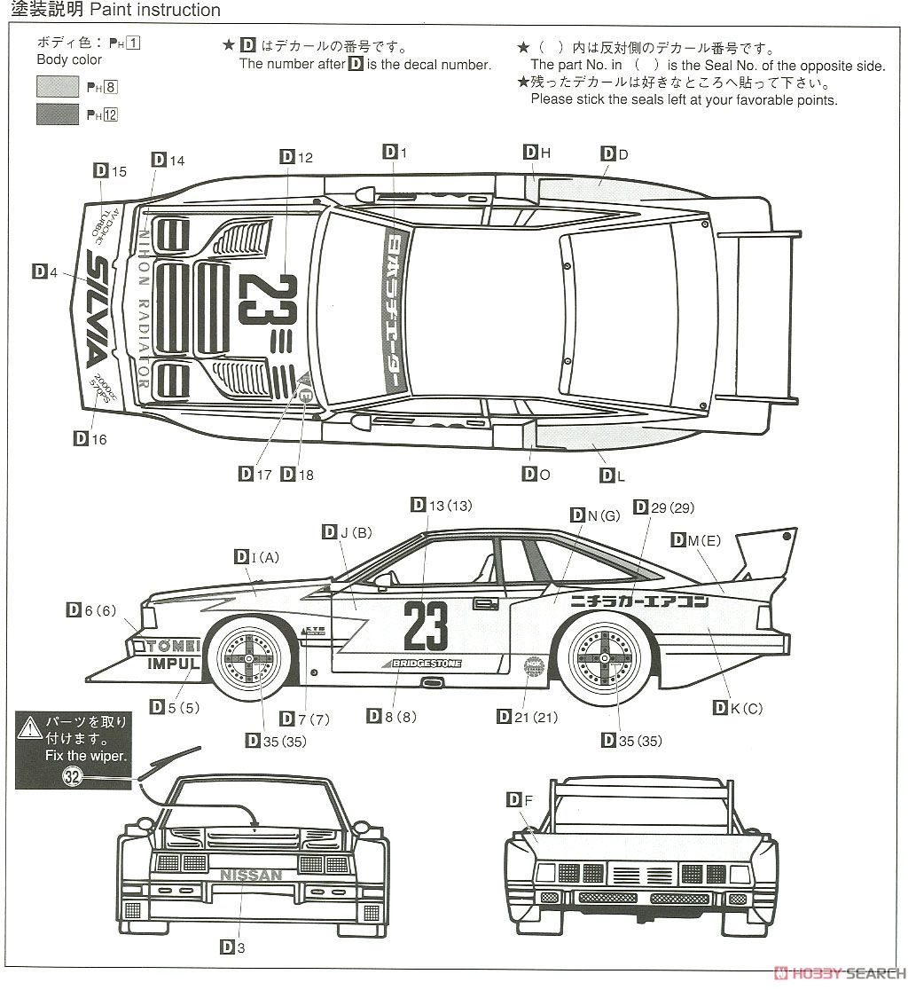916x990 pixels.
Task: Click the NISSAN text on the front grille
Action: click(251, 875)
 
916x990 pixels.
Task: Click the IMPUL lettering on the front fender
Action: click(174, 663)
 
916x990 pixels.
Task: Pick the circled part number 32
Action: click(73, 777)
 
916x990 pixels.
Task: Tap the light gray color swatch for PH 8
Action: click(58, 86)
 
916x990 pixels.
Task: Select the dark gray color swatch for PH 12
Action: click(58, 114)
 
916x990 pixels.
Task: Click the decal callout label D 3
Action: click(232, 947)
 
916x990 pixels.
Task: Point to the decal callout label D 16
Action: click(90, 438)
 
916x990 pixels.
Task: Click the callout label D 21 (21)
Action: click(518, 717)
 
